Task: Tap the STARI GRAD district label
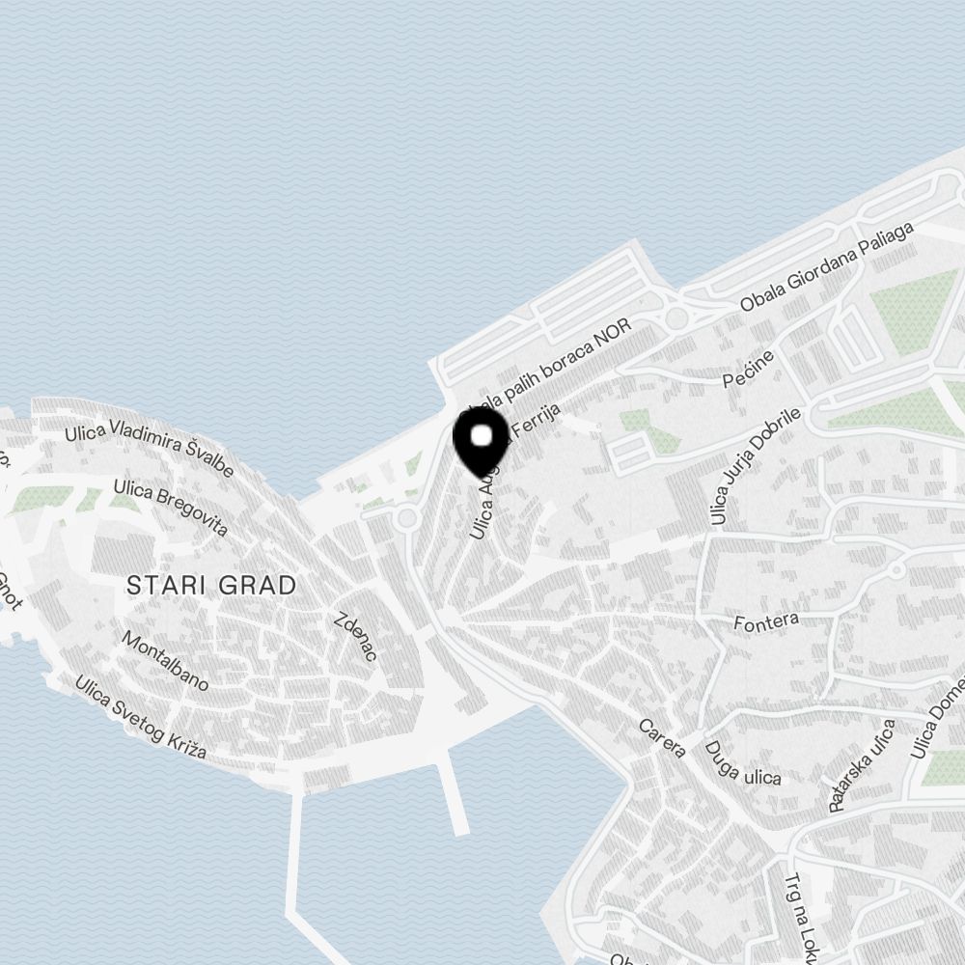pyautogui.click(x=211, y=585)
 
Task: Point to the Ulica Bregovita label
pyautogui.click(x=170, y=508)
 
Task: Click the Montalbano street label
pyautogui.click(x=165, y=660)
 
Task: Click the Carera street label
pyautogui.click(x=662, y=737)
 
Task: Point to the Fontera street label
pyautogui.click(x=766, y=620)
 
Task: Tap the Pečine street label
pyautogui.click(x=749, y=369)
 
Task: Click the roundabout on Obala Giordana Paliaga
pyautogui.click(x=677, y=317)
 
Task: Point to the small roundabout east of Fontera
pyautogui.click(x=896, y=570)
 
